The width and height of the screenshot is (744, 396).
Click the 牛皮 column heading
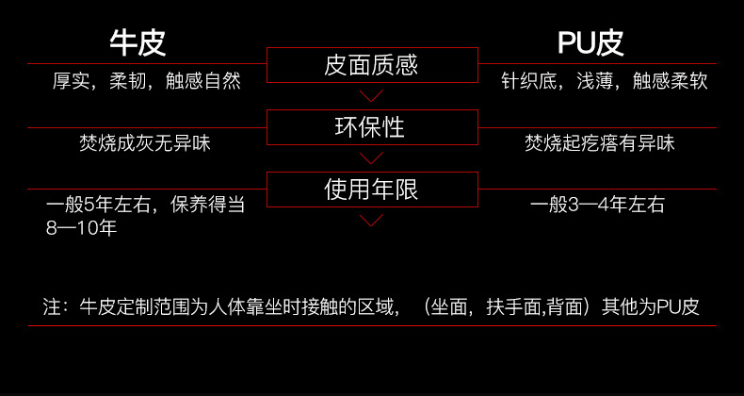[x=138, y=43]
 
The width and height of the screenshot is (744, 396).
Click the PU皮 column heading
[x=590, y=43]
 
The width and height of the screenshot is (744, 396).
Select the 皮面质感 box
[x=372, y=65]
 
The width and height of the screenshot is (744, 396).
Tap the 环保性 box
[x=372, y=127]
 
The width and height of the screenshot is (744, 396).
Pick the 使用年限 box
[x=372, y=190]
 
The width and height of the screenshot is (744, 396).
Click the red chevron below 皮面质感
[x=371, y=95]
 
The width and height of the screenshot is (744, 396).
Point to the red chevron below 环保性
[x=371, y=158]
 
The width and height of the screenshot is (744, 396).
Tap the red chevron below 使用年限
[x=371, y=221]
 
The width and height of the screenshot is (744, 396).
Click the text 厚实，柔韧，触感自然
[x=147, y=81]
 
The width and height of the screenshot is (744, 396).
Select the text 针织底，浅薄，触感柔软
[x=605, y=81]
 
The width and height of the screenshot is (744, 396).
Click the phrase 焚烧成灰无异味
[x=145, y=143]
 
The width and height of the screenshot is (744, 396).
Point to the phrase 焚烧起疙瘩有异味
[x=600, y=143]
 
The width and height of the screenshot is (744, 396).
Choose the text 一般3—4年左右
[x=597, y=206]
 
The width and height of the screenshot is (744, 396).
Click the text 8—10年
[x=81, y=228]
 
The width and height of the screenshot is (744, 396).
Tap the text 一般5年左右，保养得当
[x=145, y=206]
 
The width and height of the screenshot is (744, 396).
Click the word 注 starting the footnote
[x=52, y=307]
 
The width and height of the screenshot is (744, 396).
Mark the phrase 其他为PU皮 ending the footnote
[x=651, y=307]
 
